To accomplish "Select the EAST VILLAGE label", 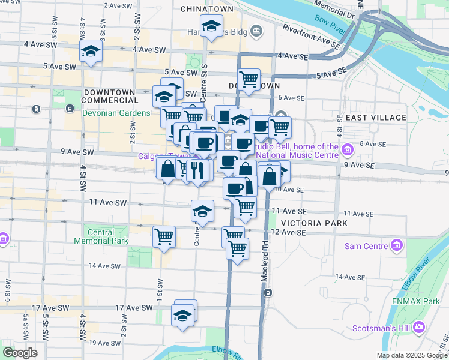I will click(x=373, y=117).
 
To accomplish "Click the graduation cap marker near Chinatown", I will click(x=211, y=26).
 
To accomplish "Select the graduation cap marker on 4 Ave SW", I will click(x=91, y=51).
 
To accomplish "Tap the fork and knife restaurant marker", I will click(x=197, y=170).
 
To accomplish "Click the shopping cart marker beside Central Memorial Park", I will click(x=164, y=236).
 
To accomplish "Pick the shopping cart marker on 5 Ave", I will click(x=249, y=79).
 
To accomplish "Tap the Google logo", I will click(x=20, y=353).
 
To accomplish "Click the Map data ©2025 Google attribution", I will click(x=411, y=355).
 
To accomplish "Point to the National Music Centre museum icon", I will click(x=347, y=148).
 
